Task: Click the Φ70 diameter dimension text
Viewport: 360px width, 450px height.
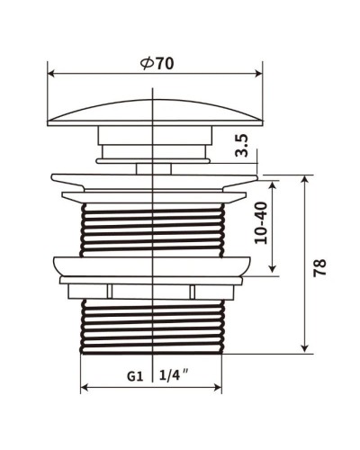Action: (157, 64)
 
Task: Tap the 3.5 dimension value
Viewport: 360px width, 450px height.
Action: (241, 147)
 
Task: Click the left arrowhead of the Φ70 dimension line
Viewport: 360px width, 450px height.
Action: (51, 76)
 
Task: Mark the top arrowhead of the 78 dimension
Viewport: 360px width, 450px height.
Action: (306, 179)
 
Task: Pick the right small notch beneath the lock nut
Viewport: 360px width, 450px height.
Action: (193, 290)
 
